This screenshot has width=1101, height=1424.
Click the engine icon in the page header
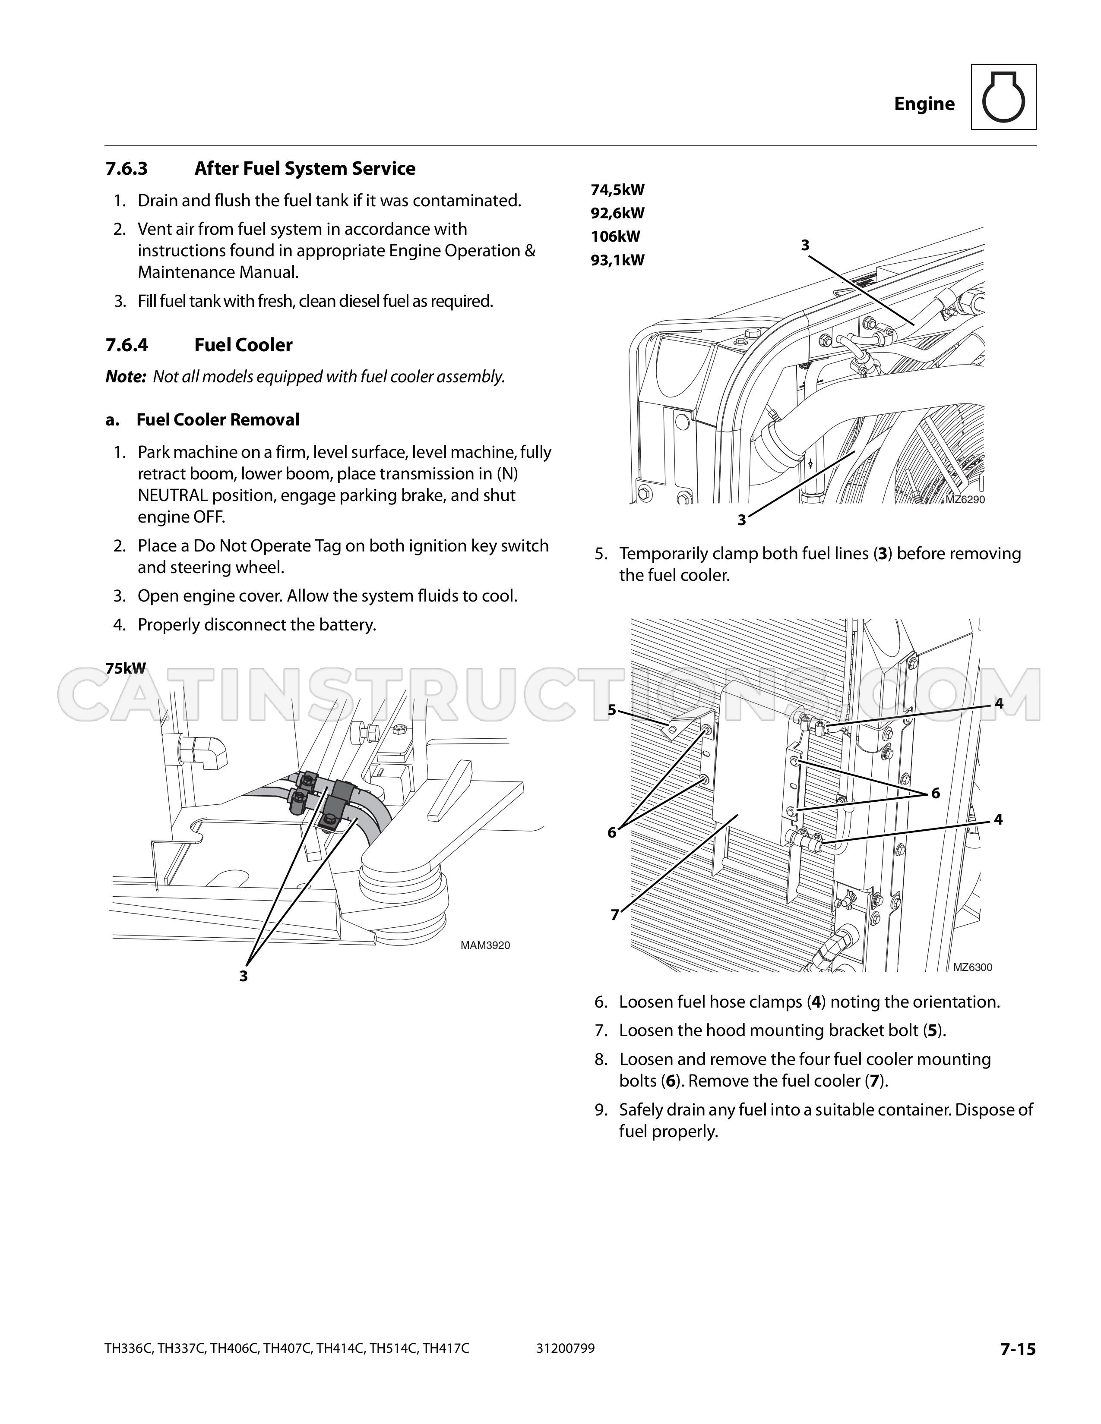pos(1003,97)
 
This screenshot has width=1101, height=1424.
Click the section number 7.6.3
pos(127,169)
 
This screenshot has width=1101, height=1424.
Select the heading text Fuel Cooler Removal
pos(218,420)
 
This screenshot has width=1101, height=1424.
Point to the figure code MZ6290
pos(965,500)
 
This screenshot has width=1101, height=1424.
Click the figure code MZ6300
pos(972,967)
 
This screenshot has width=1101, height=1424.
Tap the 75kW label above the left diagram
pos(126,668)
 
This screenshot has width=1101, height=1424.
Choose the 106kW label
pos(616,236)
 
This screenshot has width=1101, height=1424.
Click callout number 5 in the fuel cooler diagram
pos(612,710)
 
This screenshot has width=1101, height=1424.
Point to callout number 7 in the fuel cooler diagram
pos(614,915)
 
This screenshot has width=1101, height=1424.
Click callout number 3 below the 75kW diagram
pos(243,976)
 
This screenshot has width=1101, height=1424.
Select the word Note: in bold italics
pos(125,377)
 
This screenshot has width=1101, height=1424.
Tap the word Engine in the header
pos(924,104)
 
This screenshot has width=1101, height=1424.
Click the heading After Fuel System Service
pos(304,169)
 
